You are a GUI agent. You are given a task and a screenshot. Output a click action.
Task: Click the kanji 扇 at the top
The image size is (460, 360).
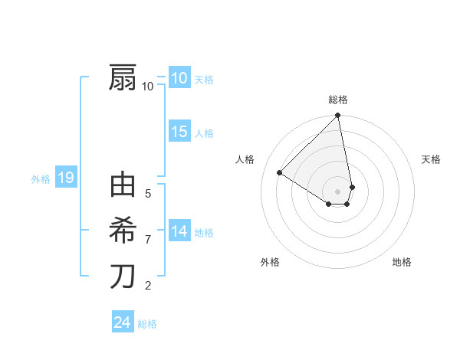(x=123, y=78)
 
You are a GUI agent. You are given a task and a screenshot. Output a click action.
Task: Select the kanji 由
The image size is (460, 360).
(x=123, y=185)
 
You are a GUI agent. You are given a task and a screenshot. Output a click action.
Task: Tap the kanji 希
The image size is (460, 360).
(x=123, y=230)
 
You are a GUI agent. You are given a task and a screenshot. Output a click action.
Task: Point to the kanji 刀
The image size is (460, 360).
(x=123, y=276)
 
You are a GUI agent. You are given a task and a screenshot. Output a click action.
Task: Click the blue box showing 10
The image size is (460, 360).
(x=179, y=78)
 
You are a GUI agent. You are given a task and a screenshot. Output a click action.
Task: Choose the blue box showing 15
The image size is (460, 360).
(x=179, y=132)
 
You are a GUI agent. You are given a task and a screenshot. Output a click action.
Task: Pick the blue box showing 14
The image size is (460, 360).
(x=179, y=231)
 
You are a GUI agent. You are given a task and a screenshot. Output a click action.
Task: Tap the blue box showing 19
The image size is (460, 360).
(x=65, y=178)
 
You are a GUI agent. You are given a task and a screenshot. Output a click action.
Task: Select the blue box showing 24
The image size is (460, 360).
(x=122, y=322)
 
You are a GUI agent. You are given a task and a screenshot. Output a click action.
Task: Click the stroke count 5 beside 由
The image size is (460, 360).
(x=148, y=194)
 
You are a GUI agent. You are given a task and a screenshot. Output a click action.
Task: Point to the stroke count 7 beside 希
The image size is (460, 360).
(x=148, y=240)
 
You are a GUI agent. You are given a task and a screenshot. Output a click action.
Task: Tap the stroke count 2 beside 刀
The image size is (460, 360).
(x=148, y=286)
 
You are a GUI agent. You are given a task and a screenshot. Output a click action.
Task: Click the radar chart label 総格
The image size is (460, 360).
(x=338, y=100)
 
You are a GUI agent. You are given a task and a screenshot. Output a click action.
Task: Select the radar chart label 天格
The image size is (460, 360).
(x=431, y=159)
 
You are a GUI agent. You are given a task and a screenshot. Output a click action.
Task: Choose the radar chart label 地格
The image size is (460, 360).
(x=402, y=262)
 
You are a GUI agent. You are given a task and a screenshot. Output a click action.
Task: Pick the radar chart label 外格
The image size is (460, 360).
(x=270, y=262)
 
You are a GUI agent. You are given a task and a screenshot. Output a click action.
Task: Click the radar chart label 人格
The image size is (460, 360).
(x=245, y=159)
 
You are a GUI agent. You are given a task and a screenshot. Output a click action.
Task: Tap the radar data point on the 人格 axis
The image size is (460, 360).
(x=280, y=172)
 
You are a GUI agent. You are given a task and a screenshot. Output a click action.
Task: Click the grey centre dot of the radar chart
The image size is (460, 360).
(x=338, y=191)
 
